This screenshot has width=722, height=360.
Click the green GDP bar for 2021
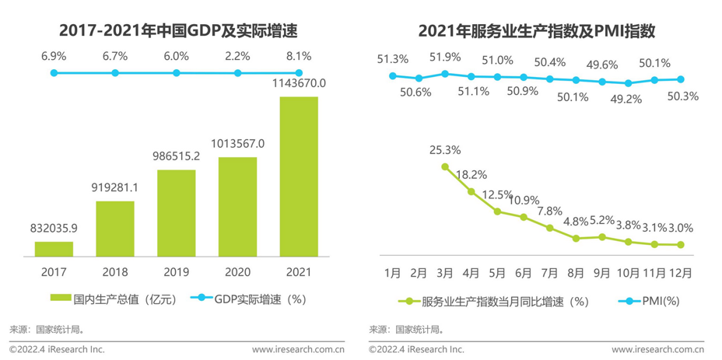click(299, 176)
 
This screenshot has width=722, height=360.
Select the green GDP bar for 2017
click(54, 248)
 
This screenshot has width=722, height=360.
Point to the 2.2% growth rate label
click(237, 56)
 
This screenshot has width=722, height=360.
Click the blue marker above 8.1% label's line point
click(299, 73)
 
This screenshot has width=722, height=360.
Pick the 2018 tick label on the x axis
click(115, 272)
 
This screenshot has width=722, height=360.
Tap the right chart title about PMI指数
click(537, 31)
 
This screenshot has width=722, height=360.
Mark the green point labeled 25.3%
click(444, 166)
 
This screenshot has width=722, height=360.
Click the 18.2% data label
click(471, 175)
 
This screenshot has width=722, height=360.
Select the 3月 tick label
click(444, 273)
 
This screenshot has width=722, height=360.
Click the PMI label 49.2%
click(629, 99)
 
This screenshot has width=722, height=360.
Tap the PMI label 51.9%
click(445, 58)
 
